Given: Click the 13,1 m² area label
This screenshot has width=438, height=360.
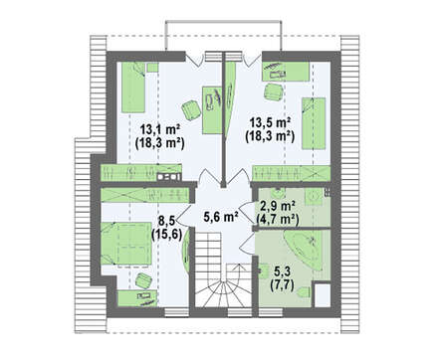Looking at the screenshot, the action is click(x=160, y=128).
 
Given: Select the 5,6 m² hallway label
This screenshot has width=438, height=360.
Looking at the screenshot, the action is click(x=221, y=217).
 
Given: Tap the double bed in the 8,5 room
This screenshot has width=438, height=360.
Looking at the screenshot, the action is click(x=126, y=244).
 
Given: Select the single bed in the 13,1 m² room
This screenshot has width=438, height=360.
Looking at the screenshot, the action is click(x=133, y=87).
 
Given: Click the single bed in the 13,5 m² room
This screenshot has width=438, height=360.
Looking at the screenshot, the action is click(x=314, y=123).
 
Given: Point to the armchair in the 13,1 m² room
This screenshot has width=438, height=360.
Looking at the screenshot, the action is click(x=190, y=110).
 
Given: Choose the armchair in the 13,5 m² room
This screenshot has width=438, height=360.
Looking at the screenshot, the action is click(x=274, y=91).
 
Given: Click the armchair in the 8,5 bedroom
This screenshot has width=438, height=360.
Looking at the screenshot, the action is click(x=144, y=280).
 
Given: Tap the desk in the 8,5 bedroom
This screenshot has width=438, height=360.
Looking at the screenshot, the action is click(x=137, y=298).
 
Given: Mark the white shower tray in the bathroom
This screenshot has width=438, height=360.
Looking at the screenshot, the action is click(x=323, y=294).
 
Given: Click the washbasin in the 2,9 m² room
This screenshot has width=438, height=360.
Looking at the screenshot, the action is click(x=314, y=197).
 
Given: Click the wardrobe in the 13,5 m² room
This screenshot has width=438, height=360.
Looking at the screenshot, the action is click(x=292, y=173).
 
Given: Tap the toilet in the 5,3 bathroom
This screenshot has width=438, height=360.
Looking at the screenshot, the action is click(x=305, y=291).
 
